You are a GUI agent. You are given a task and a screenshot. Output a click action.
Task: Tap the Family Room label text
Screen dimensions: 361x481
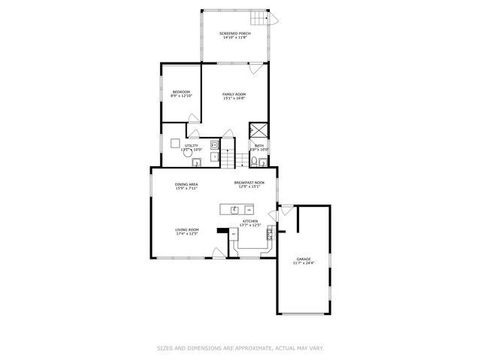point(234,96)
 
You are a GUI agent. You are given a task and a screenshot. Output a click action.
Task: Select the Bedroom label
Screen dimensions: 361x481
point(181,94)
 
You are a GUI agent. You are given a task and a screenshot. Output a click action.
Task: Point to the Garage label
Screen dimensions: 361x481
point(303,261)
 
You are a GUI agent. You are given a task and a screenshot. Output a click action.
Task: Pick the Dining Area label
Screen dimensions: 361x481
point(186,186)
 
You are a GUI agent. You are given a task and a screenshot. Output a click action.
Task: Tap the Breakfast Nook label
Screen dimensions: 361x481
point(249,184)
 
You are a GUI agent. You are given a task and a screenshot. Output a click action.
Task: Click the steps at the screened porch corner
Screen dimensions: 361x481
point(262,18)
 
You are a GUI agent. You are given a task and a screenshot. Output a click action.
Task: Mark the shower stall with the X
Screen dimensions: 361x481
point(259,129)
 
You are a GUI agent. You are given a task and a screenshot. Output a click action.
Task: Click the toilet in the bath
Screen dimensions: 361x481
point(256,161)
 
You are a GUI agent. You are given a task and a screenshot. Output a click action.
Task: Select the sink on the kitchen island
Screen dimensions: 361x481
point(234,209)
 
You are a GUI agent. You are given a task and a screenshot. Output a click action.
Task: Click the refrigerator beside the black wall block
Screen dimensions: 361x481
point(234,235)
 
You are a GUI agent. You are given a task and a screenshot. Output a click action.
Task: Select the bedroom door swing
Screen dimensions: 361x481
point(193,118)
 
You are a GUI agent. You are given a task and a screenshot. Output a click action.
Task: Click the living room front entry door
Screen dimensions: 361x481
point(217,253)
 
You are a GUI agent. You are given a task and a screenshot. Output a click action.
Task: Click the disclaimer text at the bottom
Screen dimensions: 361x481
point(240,348)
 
